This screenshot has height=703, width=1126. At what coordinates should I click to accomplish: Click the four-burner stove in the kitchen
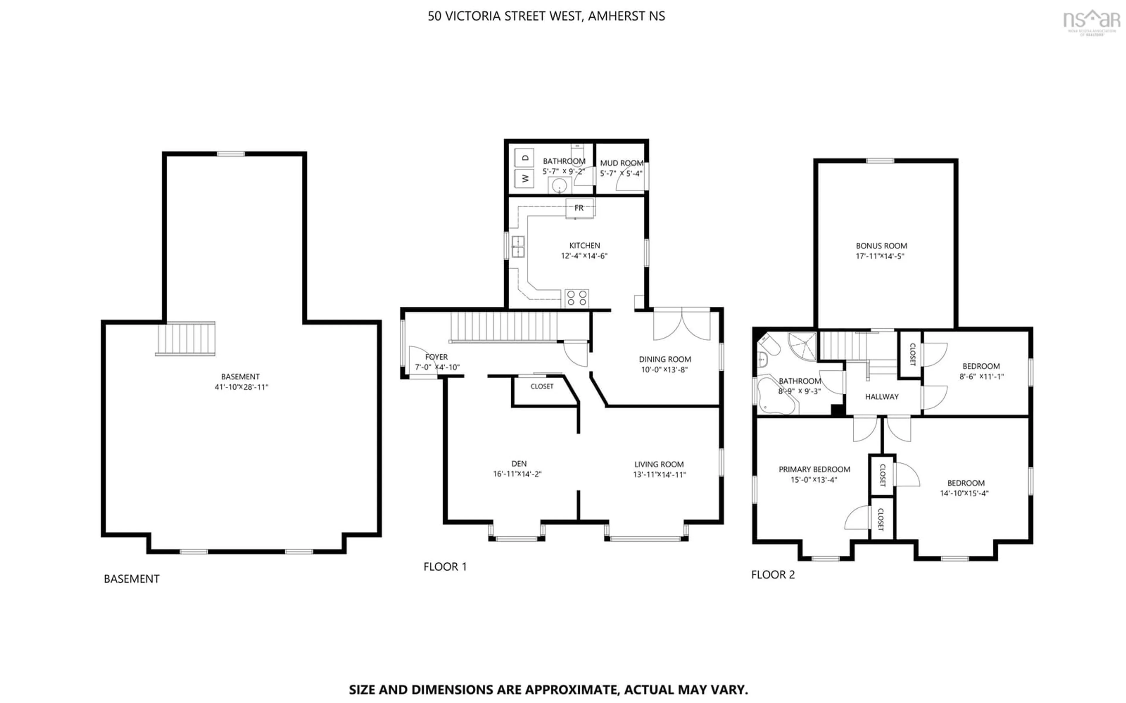(x=576, y=298)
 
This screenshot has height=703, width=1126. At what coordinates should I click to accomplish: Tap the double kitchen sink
(x=518, y=247)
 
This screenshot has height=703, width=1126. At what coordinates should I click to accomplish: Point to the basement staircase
(x=186, y=339)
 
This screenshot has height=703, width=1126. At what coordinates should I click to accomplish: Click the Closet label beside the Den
(x=542, y=386)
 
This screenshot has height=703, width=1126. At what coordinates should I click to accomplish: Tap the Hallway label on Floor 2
(x=881, y=397)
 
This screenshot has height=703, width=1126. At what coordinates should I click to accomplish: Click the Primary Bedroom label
(x=814, y=470)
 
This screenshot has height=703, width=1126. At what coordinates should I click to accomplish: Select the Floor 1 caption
(x=445, y=567)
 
